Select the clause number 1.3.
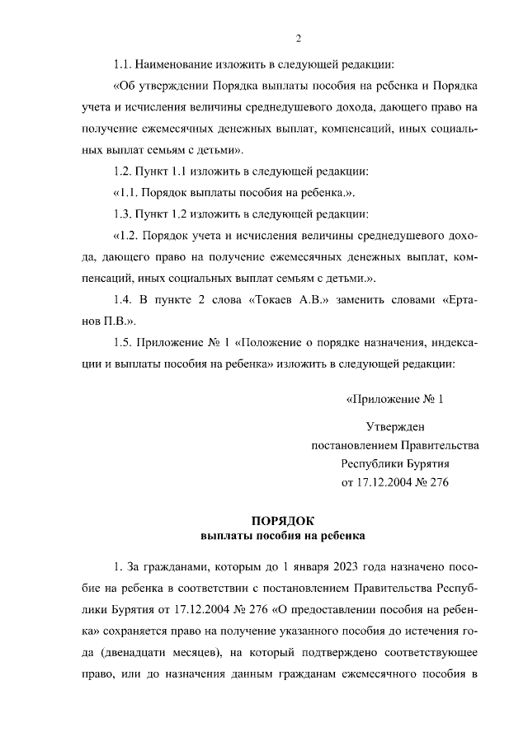(x=124, y=215)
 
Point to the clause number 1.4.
(x=124, y=299)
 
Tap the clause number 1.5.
(x=124, y=342)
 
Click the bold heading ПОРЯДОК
(x=283, y=520)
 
